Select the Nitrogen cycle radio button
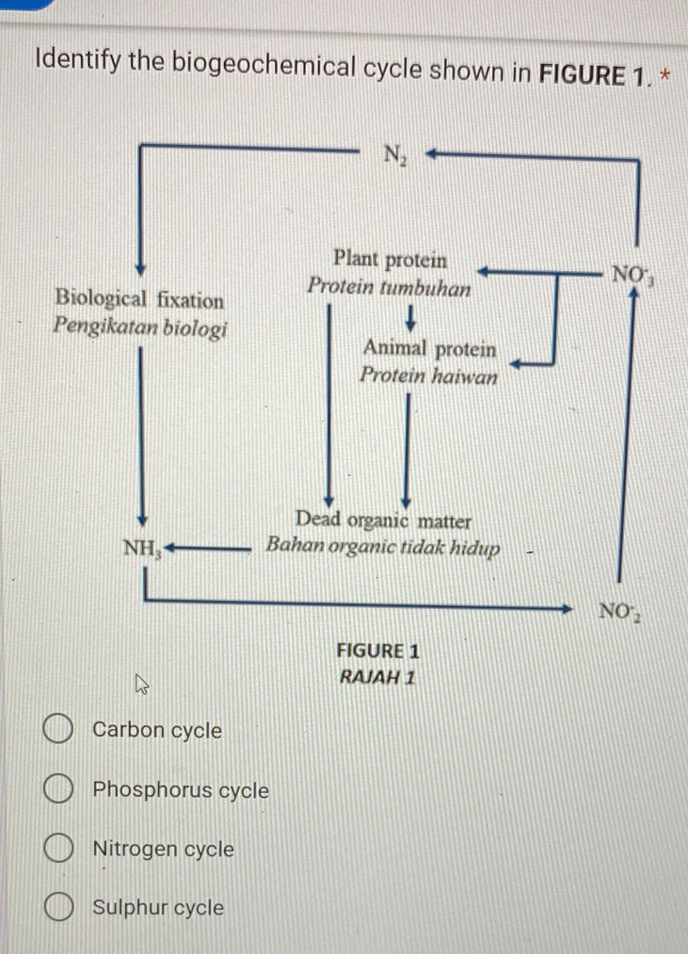click(x=58, y=850)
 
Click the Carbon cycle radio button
click(x=58, y=730)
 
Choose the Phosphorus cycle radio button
click(x=58, y=791)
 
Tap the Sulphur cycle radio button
click(x=58, y=908)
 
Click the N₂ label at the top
click(x=394, y=155)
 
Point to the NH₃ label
click(x=144, y=547)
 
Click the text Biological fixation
click(x=139, y=300)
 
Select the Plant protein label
click(x=390, y=259)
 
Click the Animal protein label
click(x=429, y=349)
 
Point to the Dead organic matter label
click(x=383, y=520)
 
